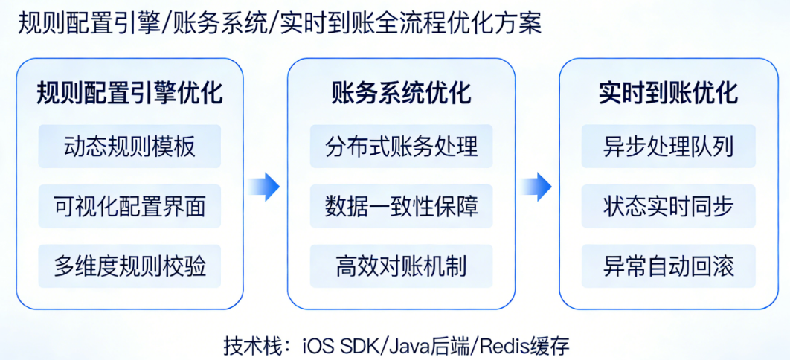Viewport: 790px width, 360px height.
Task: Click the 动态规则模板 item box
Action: (x=129, y=146)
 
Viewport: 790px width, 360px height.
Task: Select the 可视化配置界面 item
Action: (x=129, y=206)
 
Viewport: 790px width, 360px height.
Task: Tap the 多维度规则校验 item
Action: (x=129, y=266)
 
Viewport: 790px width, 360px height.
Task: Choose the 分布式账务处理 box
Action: (x=401, y=146)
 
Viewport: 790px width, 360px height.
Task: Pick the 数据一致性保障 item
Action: (x=401, y=206)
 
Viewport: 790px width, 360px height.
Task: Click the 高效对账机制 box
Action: (x=401, y=266)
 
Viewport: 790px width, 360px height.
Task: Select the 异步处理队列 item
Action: (x=668, y=146)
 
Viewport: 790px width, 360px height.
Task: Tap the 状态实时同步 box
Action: (x=668, y=206)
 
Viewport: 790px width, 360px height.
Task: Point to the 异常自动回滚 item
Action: (x=668, y=266)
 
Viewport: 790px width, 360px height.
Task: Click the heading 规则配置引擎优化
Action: (x=129, y=94)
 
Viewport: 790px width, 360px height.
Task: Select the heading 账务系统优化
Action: (x=401, y=94)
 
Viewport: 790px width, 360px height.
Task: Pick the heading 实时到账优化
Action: (x=668, y=94)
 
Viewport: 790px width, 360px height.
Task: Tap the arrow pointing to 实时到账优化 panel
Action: (x=536, y=187)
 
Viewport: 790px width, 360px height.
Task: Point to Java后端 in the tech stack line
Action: (x=431, y=346)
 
